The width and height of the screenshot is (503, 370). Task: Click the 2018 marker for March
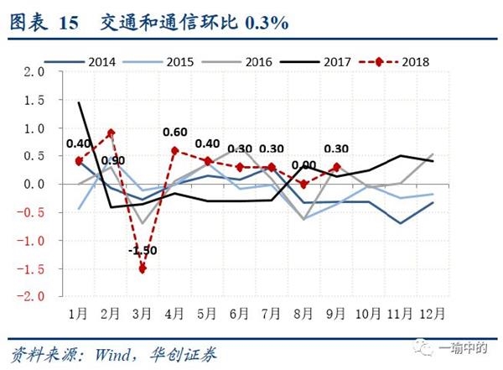(x=143, y=268)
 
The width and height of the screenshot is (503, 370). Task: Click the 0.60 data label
(x=174, y=132)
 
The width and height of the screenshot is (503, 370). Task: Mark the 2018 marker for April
(x=174, y=151)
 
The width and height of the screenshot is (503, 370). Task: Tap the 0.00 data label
(x=303, y=165)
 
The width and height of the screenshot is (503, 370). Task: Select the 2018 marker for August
(x=304, y=184)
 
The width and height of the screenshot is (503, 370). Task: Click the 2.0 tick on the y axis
(x=34, y=72)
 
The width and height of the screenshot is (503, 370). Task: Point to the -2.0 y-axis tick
(x=31, y=296)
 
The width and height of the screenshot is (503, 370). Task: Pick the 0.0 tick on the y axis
(x=34, y=184)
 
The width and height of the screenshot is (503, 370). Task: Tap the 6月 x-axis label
(x=239, y=313)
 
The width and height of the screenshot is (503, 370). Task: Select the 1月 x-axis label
(x=78, y=313)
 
